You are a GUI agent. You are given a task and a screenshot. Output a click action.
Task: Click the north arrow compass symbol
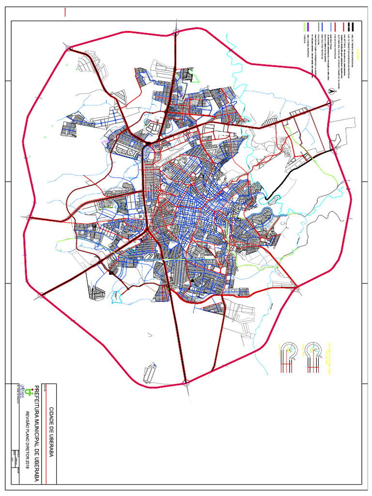[331, 91]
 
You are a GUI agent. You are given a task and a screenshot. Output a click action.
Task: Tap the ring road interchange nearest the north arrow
[329, 102]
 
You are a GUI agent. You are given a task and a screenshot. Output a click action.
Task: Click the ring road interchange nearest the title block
[186, 384]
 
